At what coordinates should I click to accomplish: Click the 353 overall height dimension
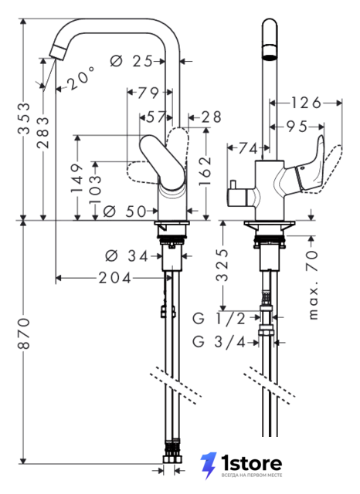pyautogui.click(x=25, y=118)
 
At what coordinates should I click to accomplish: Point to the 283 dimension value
pyautogui.click(x=43, y=132)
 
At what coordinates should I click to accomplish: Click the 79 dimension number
pyautogui.click(x=148, y=93)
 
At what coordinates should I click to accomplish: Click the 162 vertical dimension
pyautogui.click(x=205, y=171)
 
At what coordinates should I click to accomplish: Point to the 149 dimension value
pyautogui.click(x=77, y=178)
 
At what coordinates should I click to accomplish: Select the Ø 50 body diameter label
pyautogui.click(x=125, y=211)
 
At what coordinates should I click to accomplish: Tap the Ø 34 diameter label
pyautogui.click(x=127, y=255)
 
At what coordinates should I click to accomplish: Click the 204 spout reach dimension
pyautogui.click(x=115, y=278)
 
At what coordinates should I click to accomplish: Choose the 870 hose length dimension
pyautogui.click(x=25, y=333)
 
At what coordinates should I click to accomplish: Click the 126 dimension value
pyautogui.click(x=306, y=103)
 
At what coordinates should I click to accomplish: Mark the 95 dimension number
pyautogui.click(x=297, y=127)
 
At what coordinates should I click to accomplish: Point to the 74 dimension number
pyautogui.click(x=248, y=148)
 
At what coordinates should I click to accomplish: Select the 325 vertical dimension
pyautogui.click(x=222, y=265)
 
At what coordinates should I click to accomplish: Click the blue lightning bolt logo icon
pyautogui.click(x=209, y=465)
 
